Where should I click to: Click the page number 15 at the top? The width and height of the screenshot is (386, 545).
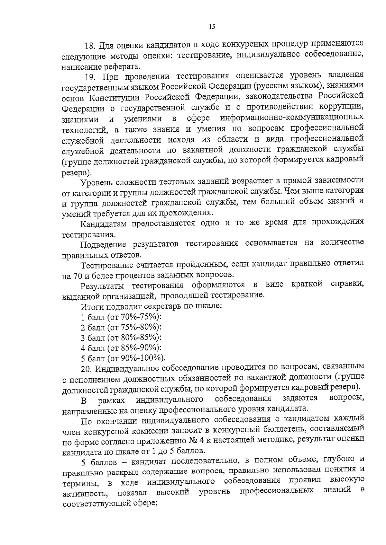coord(211,27)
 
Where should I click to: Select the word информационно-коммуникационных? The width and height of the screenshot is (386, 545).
coord(292,118)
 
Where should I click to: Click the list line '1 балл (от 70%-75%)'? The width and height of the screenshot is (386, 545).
coord(121,317)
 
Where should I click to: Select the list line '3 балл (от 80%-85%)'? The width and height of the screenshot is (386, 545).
coord(121,338)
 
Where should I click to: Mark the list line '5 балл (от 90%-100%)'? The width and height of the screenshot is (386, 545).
coord(123,358)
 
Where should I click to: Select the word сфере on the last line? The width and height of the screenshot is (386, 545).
coord(143,512)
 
